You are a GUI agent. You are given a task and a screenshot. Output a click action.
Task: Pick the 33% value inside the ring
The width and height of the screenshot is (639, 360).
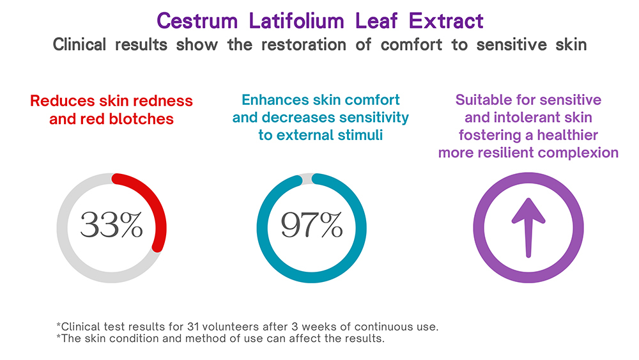click(111, 226)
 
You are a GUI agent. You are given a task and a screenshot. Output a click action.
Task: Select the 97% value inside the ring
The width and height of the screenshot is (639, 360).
click(312, 226)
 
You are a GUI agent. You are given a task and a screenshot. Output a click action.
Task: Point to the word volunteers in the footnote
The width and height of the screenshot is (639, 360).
click(228, 327)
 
